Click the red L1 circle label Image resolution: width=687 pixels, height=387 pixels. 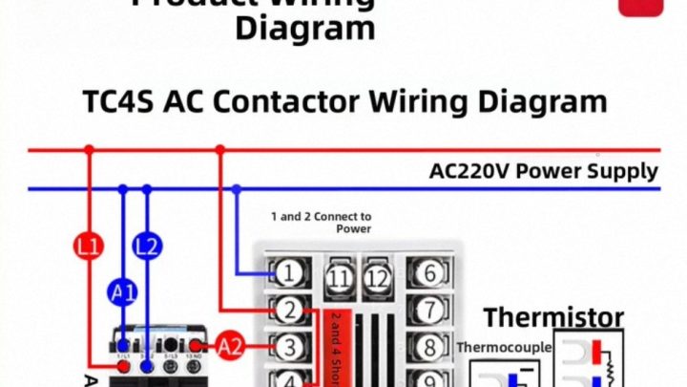pyautogui.click(x=88, y=247)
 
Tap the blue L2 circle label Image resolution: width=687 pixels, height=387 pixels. pyautogui.click(x=147, y=247)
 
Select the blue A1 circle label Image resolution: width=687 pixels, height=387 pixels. pyautogui.click(x=124, y=293)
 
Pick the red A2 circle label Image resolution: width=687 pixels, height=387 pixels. pyautogui.click(x=231, y=347)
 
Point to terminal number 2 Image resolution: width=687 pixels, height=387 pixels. pyautogui.click(x=288, y=310)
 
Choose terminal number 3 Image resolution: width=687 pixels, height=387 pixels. pyautogui.click(x=288, y=346)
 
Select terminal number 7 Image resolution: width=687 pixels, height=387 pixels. pyautogui.click(x=430, y=310)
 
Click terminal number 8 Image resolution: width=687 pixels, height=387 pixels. pyautogui.click(x=430, y=346)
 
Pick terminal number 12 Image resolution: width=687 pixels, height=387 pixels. pyautogui.click(x=379, y=278)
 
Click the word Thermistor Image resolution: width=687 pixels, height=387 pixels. pyautogui.click(x=553, y=317)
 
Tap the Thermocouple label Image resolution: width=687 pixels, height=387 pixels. pyautogui.click(x=504, y=347)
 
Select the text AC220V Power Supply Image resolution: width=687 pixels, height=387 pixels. pyautogui.click(x=543, y=172)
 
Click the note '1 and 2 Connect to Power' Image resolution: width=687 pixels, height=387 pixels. pyautogui.click(x=321, y=223)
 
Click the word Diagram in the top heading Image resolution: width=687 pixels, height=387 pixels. pyautogui.click(x=305, y=28)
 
